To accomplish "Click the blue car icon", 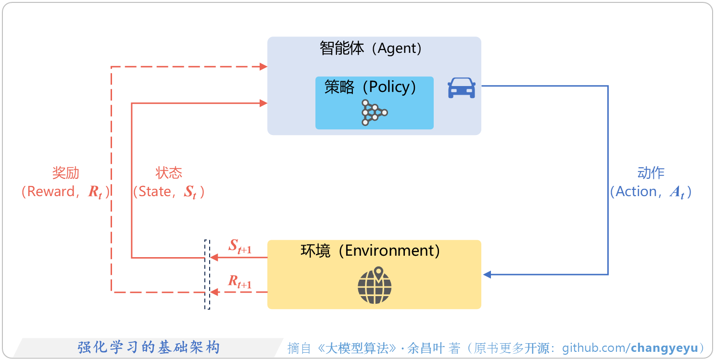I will click(x=462, y=88).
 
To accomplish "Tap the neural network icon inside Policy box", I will click(x=374, y=113).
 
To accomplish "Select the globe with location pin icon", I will click(x=375, y=286).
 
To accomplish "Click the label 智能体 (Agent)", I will click(x=371, y=49).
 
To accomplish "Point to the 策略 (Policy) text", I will click(x=371, y=87).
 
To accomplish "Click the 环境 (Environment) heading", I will click(x=370, y=251).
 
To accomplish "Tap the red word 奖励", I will click(x=66, y=173).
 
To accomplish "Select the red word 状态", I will click(x=169, y=173).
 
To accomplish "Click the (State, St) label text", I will click(x=169, y=192).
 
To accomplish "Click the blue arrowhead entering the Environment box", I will click(x=487, y=274).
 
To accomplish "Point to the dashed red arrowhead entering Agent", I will click(x=263, y=67).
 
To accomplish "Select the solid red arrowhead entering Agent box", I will click(x=263, y=103).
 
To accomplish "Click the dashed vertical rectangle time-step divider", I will click(x=207, y=274).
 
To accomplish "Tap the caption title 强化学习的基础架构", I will click(x=149, y=347).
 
